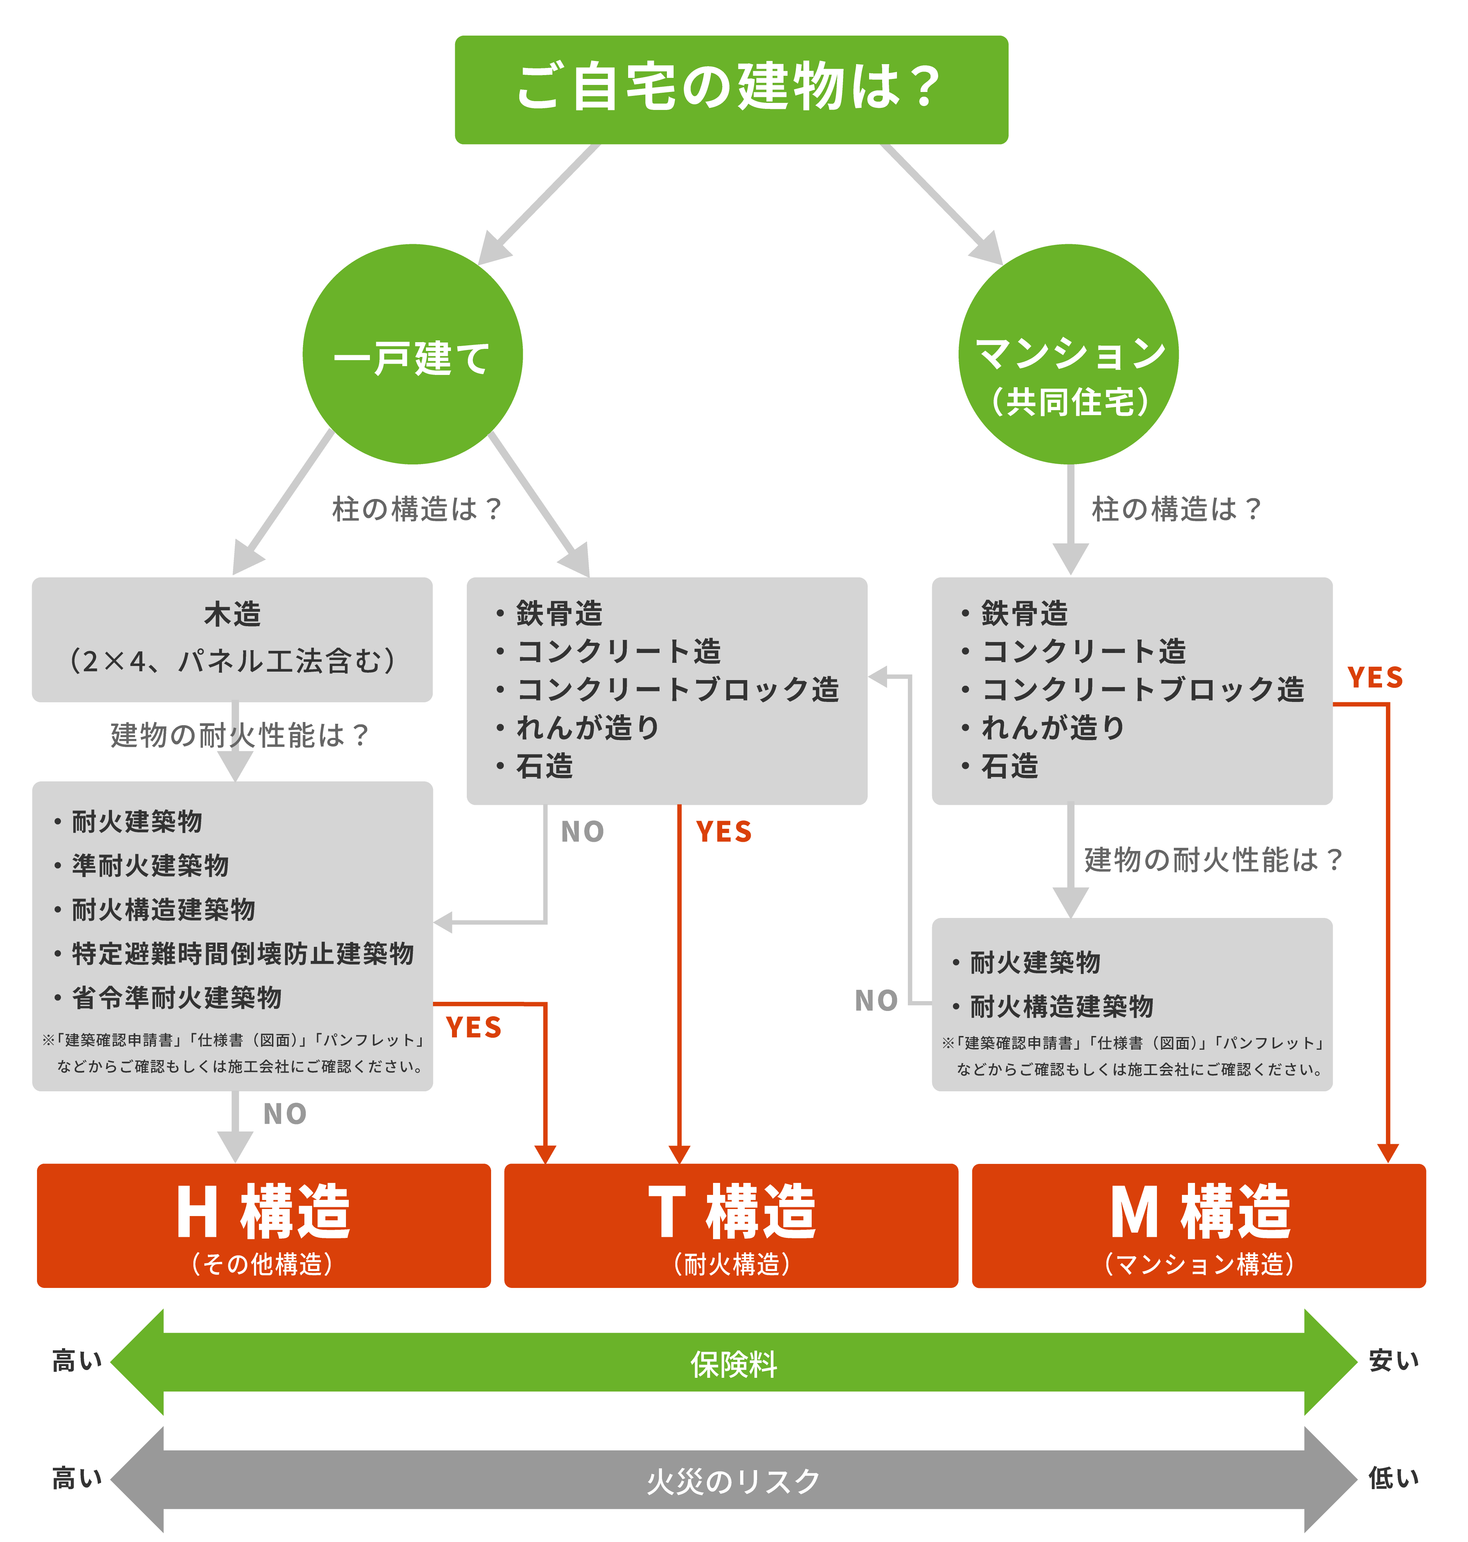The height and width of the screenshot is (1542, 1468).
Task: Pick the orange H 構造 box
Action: click(264, 1225)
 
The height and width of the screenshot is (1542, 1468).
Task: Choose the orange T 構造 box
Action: click(731, 1225)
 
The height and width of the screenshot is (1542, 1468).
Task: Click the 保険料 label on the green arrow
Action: click(733, 1364)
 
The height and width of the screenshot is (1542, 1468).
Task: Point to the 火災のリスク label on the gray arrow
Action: click(733, 1481)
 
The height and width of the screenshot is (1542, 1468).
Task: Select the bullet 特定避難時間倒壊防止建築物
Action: click(243, 954)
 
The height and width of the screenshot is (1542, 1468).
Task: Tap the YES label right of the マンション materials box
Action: click(1375, 678)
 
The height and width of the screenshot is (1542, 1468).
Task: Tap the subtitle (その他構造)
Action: click(263, 1264)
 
